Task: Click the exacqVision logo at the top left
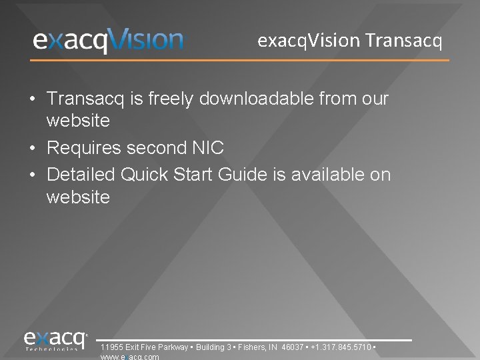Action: (x=108, y=41)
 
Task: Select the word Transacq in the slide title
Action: (x=404, y=41)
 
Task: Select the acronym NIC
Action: (x=209, y=147)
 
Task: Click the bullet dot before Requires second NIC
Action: (x=32, y=148)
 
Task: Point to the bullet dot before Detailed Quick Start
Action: (x=32, y=175)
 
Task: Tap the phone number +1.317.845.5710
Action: (x=341, y=347)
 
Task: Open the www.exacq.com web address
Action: (x=129, y=357)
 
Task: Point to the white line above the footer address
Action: (x=253, y=340)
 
